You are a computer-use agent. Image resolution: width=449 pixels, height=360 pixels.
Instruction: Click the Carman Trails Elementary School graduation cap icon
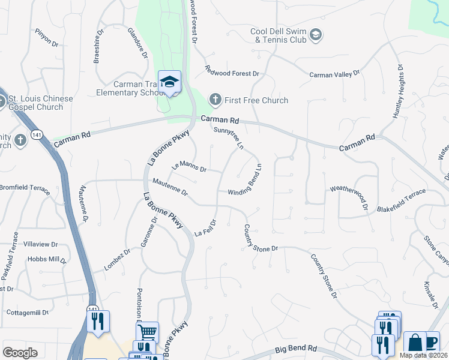pyautogui.click(x=170, y=82)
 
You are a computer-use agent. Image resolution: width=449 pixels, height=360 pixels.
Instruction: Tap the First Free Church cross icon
pyautogui.click(x=215, y=100)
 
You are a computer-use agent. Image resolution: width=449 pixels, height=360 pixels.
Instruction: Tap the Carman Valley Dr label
pyautogui.click(x=334, y=74)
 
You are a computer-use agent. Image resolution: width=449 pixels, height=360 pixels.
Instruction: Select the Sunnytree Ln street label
pyautogui.click(x=229, y=137)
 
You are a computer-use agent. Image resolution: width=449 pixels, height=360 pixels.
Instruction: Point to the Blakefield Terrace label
pyautogui.click(x=401, y=200)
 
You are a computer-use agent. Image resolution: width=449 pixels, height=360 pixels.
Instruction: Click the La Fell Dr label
pyautogui.click(x=206, y=229)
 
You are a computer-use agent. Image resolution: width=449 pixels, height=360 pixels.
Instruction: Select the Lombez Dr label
pyautogui.click(x=118, y=260)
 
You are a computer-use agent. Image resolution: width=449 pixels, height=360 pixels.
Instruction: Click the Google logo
pyautogui.click(x=20, y=353)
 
